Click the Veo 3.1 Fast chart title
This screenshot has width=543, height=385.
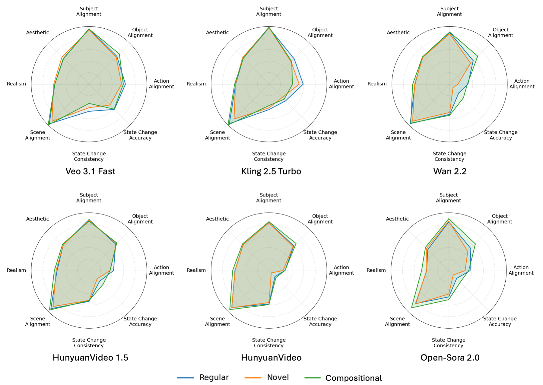(90, 171)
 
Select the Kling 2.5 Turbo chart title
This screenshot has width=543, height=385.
(271, 171)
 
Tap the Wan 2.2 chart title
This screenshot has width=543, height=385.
(449, 171)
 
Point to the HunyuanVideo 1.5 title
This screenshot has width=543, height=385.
(90, 358)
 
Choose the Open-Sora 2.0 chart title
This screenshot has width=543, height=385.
(449, 358)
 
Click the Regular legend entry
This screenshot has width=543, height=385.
(214, 377)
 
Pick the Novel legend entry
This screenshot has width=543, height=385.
(278, 377)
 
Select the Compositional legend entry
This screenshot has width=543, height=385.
(353, 378)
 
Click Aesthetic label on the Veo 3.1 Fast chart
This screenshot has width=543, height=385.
(37, 33)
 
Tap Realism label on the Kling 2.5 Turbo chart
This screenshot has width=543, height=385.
(196, 84)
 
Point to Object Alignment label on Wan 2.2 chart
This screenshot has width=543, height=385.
(500, 33)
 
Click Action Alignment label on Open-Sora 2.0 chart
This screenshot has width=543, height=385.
(521, 270)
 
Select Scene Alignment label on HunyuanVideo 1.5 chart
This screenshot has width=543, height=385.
(38, 321)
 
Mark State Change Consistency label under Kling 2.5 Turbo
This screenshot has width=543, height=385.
(269, 156)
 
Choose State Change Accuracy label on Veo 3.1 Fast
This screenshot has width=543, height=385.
(140, 135)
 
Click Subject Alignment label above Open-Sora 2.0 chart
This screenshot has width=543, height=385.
(448, 198)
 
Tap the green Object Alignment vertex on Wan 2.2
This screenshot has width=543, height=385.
(478, 56)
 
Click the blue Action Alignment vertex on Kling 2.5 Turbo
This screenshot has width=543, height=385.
(303, 84)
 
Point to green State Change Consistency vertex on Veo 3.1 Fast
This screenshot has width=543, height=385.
(89, 103)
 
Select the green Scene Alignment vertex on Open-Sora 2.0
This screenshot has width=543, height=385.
(411, 308)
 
